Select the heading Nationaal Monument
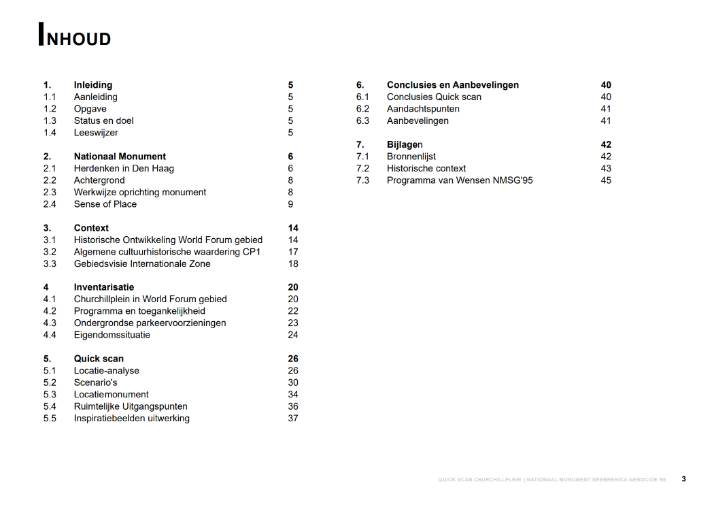click(120, 157)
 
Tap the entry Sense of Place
click(105, 204)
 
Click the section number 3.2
click(50, 252)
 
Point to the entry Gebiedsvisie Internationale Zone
click(142, 263)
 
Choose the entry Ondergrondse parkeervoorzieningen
click(150, 323)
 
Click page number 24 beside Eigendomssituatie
click(293, 335)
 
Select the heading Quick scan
click(99, 359)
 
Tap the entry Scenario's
click(95, 382)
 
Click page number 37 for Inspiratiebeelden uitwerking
click(293, 418)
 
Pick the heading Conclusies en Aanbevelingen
click(452, 85)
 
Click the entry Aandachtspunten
click(423, 109)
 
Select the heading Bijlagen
click(405, 144)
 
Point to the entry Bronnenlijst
click(411, 157)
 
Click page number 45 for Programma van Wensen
click(606, 180)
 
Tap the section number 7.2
click(362, 168)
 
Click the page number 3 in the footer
click(683, 479)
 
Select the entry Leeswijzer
click(96, 133)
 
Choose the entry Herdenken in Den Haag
click(124, 168)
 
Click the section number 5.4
click(50, 406)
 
